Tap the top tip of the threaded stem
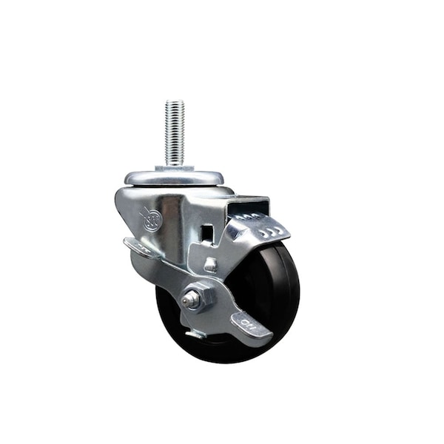174,102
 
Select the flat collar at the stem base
174,168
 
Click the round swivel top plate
174,178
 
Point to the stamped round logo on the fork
152,219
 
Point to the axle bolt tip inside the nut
191,299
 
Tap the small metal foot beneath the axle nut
196,333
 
